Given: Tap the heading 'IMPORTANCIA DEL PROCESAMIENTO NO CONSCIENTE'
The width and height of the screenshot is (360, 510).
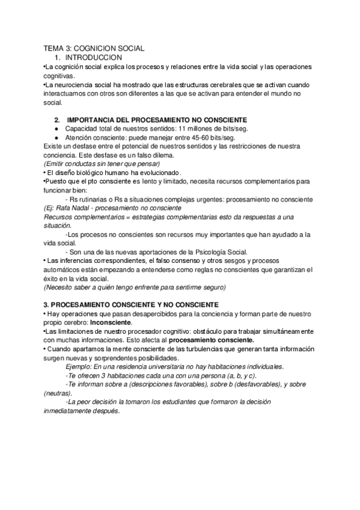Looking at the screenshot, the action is (148, 120).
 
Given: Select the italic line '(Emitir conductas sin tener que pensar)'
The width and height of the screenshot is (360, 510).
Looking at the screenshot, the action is (103, 164).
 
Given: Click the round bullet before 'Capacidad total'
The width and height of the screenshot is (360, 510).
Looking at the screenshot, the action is (56, 129).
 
